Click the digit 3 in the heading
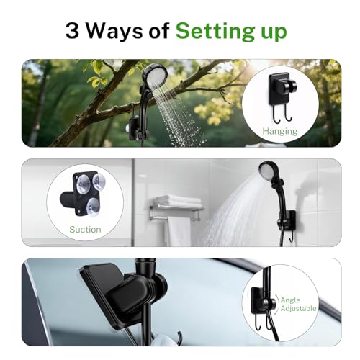coord(72,31)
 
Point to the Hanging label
coord(280,131)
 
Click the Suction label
coord(85,230)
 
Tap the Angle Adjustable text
coord(298,304)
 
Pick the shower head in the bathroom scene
coord(268,171)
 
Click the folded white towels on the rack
coord(178,201)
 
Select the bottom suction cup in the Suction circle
coord(93,207)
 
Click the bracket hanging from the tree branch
coord(135,128)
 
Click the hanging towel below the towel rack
coord(179,232)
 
